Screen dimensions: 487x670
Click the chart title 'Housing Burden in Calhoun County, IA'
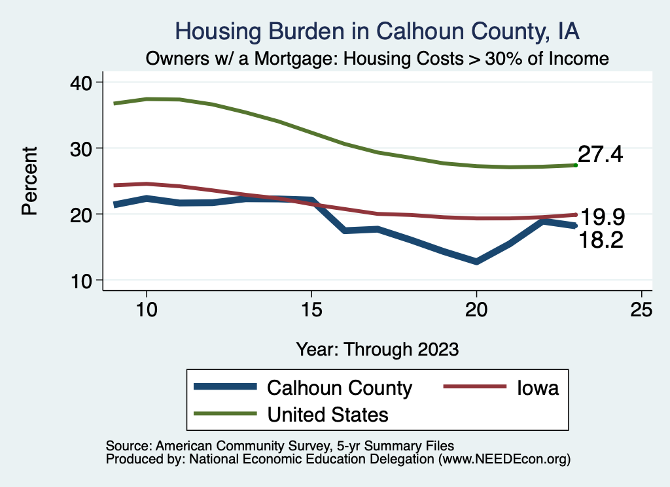pos(378,31)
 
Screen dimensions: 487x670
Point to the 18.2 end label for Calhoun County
pos(600,240)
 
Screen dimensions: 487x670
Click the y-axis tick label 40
pos(82,82)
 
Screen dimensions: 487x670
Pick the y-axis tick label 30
pos(82,148)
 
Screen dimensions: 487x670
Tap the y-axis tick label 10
pos(82,280)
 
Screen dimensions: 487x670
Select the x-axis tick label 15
pos(311,310)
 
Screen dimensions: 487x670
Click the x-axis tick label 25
pos(641,310)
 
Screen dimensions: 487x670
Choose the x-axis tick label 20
pos(476,310)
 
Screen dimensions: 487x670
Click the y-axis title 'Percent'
pos(29,181)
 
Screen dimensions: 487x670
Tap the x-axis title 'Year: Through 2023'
pos(378,348)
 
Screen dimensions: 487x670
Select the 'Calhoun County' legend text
pos(340,388)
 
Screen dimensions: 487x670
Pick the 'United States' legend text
pos(328,414)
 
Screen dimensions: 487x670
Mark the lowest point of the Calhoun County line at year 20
pos(476,261)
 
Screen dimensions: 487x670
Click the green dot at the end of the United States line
pos(575,165)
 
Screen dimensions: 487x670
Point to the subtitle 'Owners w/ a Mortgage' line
pos(378,59)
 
